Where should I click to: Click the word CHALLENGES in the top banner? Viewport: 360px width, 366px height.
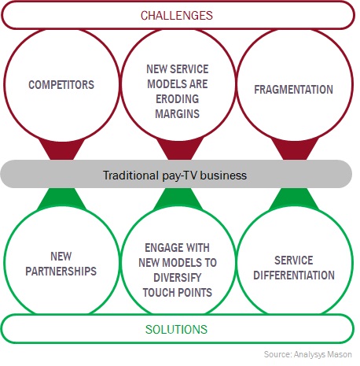[x=177, y=16]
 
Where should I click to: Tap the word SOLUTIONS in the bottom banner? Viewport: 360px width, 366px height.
[x=176, y=329]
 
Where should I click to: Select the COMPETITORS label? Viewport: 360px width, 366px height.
[x=61, y=85]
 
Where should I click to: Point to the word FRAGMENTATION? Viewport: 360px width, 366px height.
[x=293, y=90]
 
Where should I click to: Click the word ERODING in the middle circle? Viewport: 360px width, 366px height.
[x=178, y=99]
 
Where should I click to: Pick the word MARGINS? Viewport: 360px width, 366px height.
[x=178, y=114]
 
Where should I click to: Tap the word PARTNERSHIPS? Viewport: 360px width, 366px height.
[x=61, y=271]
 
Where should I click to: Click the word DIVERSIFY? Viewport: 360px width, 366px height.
[x=178, y=278]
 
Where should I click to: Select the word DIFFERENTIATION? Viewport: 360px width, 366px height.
[x=294, y=275]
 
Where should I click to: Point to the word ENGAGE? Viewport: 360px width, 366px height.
[x=160, y=248]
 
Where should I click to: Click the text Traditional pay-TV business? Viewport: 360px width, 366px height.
[x=174, y=176]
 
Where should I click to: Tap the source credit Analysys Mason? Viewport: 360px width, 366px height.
[x=323, y=354]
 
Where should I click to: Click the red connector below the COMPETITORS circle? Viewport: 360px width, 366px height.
[x=62, y=150]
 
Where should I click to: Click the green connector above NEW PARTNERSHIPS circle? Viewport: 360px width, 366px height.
[x=62, y=198]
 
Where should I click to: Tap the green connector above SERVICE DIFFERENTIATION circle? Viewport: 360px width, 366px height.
[x=295, y=198]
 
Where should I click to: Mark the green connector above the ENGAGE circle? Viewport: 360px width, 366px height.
[x=178, y=198]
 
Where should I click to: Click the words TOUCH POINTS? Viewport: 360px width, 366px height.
[x=178, y=293]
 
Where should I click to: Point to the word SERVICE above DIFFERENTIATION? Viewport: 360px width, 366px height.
[x=294, y=261]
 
